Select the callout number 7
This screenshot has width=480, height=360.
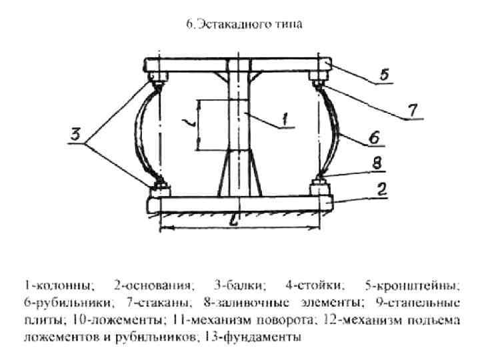[x=413, y=111]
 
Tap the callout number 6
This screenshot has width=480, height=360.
[x=375, y=138]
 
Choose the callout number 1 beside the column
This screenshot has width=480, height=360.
[x=285, y=120]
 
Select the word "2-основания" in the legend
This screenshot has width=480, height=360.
[x=153, y=286]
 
